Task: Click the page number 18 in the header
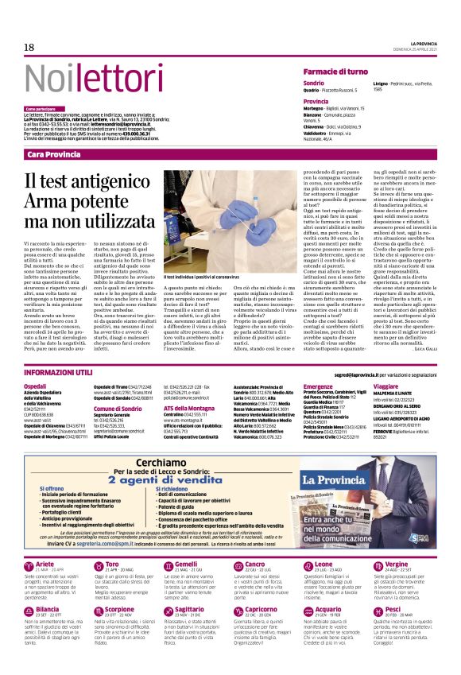[29, 48]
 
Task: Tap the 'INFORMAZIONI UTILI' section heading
[60, 372]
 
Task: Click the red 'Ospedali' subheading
[36, 385]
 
